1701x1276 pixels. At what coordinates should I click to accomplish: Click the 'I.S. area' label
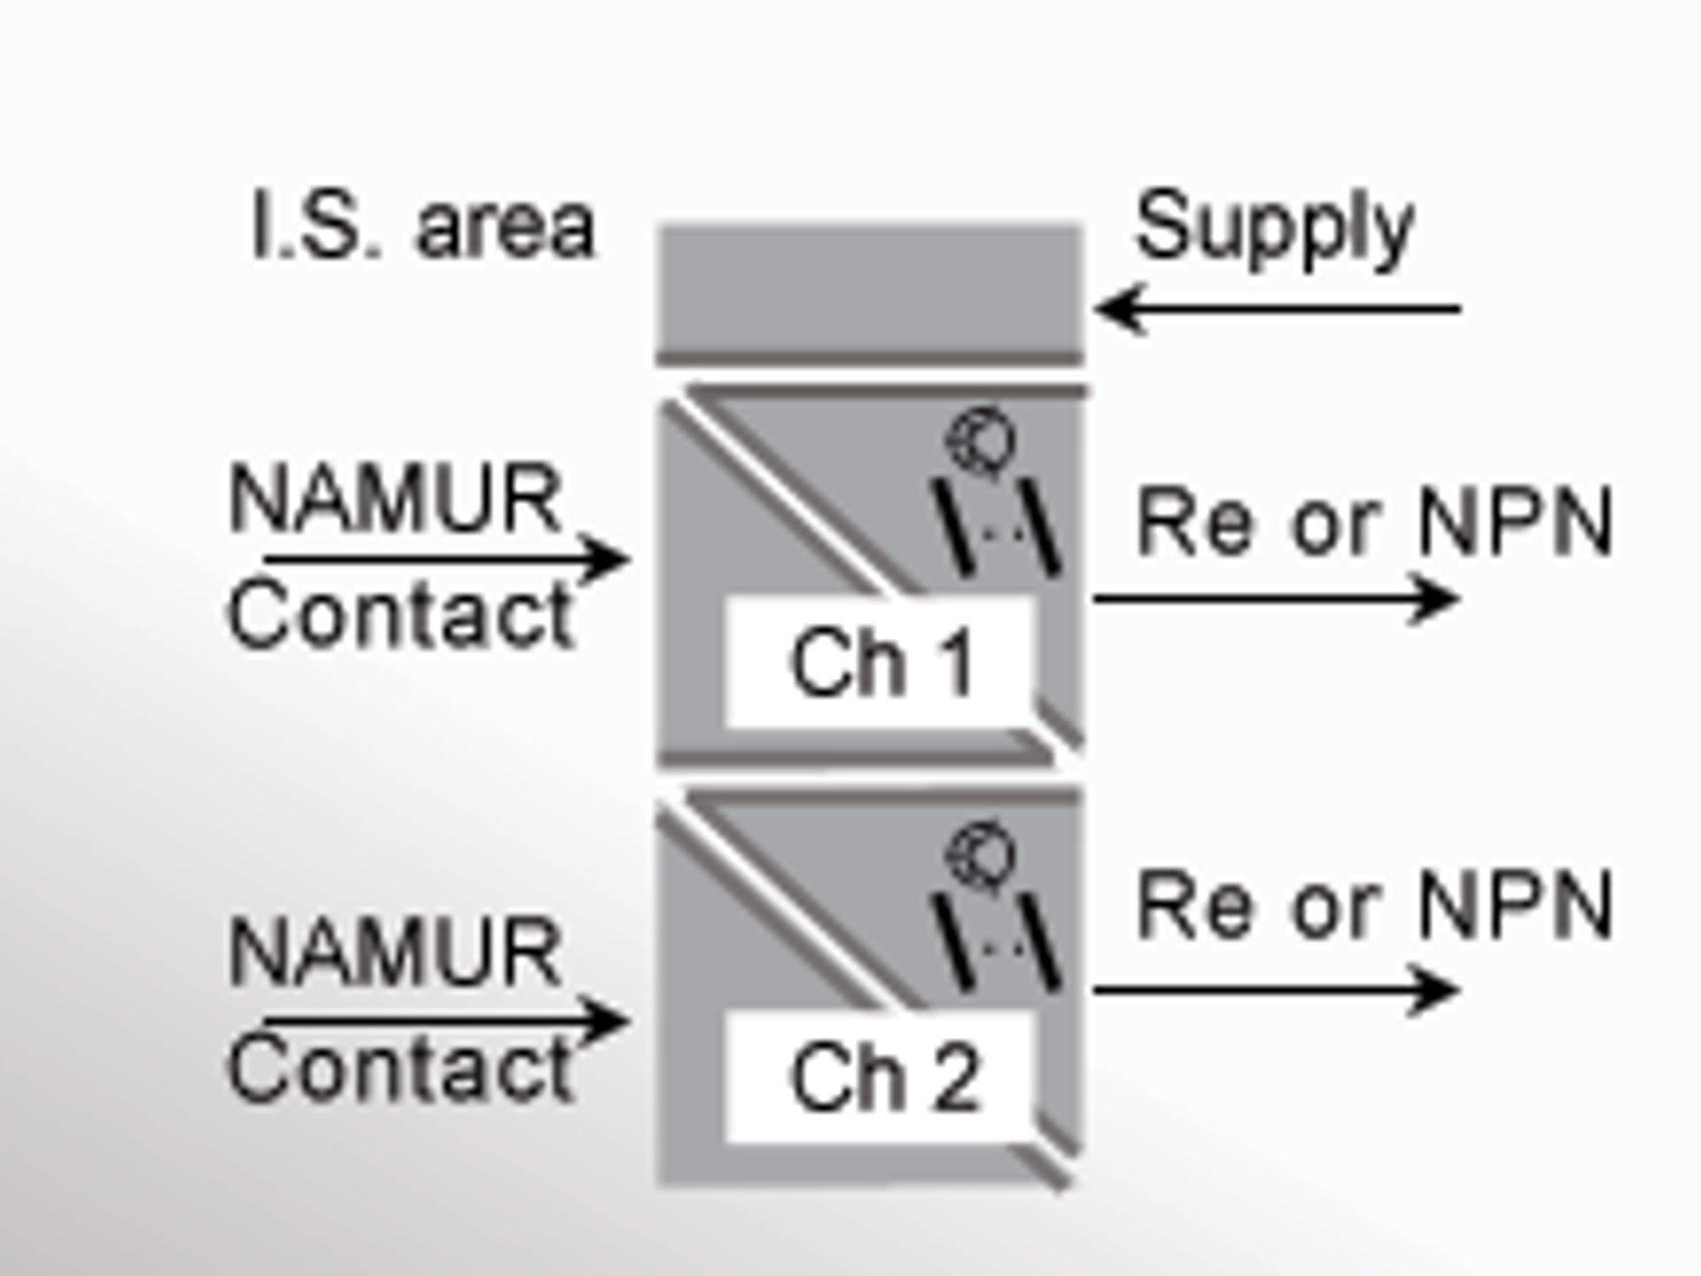click(x=423, y=227)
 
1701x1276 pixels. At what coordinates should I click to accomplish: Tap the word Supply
click(x=1274, y=227)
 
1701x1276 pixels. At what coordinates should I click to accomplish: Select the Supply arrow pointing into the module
click(x=1276, y=309)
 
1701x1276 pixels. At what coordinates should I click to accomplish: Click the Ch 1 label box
click(x=881, y=662)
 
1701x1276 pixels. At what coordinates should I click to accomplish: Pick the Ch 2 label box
click(x=881, y=1077)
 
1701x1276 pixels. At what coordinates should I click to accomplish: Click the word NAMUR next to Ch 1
click(x=395, y=499)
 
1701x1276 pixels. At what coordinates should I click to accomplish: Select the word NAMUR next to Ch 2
click(x=395, y=953)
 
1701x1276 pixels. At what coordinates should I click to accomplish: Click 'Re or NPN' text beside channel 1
click(x=1373, y=523)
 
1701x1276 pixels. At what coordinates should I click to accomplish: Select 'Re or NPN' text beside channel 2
click(x=1373, y=906)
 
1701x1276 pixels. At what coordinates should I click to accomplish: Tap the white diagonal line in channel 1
click(x=780, y=496)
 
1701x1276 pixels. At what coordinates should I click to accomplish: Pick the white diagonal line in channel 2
click(x=780, y=908)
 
